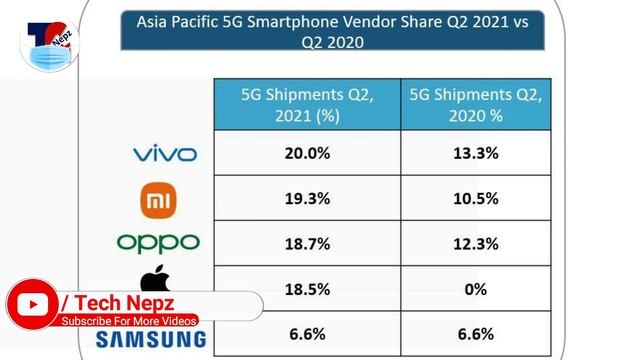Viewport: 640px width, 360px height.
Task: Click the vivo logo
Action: click(165, 153)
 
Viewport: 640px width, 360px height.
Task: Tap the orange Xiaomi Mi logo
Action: click(159, 200)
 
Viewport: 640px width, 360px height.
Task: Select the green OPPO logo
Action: click(158, 242)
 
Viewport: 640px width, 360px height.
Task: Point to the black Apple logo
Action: click(154, 279)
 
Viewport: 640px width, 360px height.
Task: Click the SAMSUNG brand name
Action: click(150, 339)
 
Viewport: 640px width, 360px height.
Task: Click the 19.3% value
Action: click(307, 198)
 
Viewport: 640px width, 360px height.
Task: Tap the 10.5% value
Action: click(475, 198)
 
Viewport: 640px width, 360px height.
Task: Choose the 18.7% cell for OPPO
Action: click(307, 243)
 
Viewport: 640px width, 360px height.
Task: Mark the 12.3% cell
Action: click(475, 243)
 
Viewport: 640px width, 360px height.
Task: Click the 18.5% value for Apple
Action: click(307, 289)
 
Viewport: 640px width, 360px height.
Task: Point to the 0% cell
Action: click(475, 289)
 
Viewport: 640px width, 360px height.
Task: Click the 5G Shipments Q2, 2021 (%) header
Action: click(307, 105)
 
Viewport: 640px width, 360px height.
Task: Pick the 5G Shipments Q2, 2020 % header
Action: click(475, 105)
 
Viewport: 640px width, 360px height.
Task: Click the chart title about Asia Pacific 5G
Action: click(332, 31)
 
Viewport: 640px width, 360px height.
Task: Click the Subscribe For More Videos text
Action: click(130, 321)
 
